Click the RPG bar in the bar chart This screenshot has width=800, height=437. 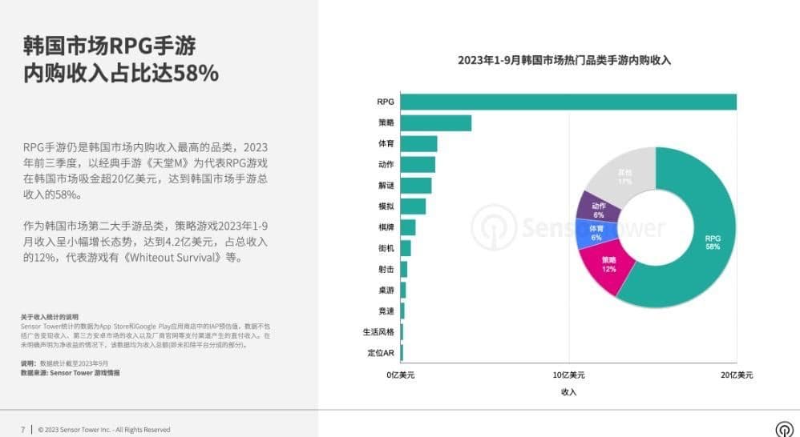click(x=568, y=102)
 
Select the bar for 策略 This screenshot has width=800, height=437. click(x=435, y=122)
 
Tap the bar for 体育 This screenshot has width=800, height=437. click(x=418, y=144)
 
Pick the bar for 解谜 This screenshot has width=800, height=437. click(x=415, y=186)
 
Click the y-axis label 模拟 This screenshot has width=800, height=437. click(x=386, y=206)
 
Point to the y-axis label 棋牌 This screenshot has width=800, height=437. click(x=386, y=227)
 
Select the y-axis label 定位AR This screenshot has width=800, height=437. click(x=380, y=352)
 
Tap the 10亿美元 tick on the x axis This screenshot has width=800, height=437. click(x=568, y=375)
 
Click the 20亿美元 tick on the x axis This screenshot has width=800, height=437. click(x=736, y=375)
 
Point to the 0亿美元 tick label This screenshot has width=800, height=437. click(x=400, y=375)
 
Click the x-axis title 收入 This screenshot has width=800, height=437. click(x=568, y=392)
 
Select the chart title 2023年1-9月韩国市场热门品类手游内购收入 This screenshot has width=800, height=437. click(x=564, y=60)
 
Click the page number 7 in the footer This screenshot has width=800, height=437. click(x=22, y=430)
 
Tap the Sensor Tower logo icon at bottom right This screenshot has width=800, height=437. click(x=783, y=429)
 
